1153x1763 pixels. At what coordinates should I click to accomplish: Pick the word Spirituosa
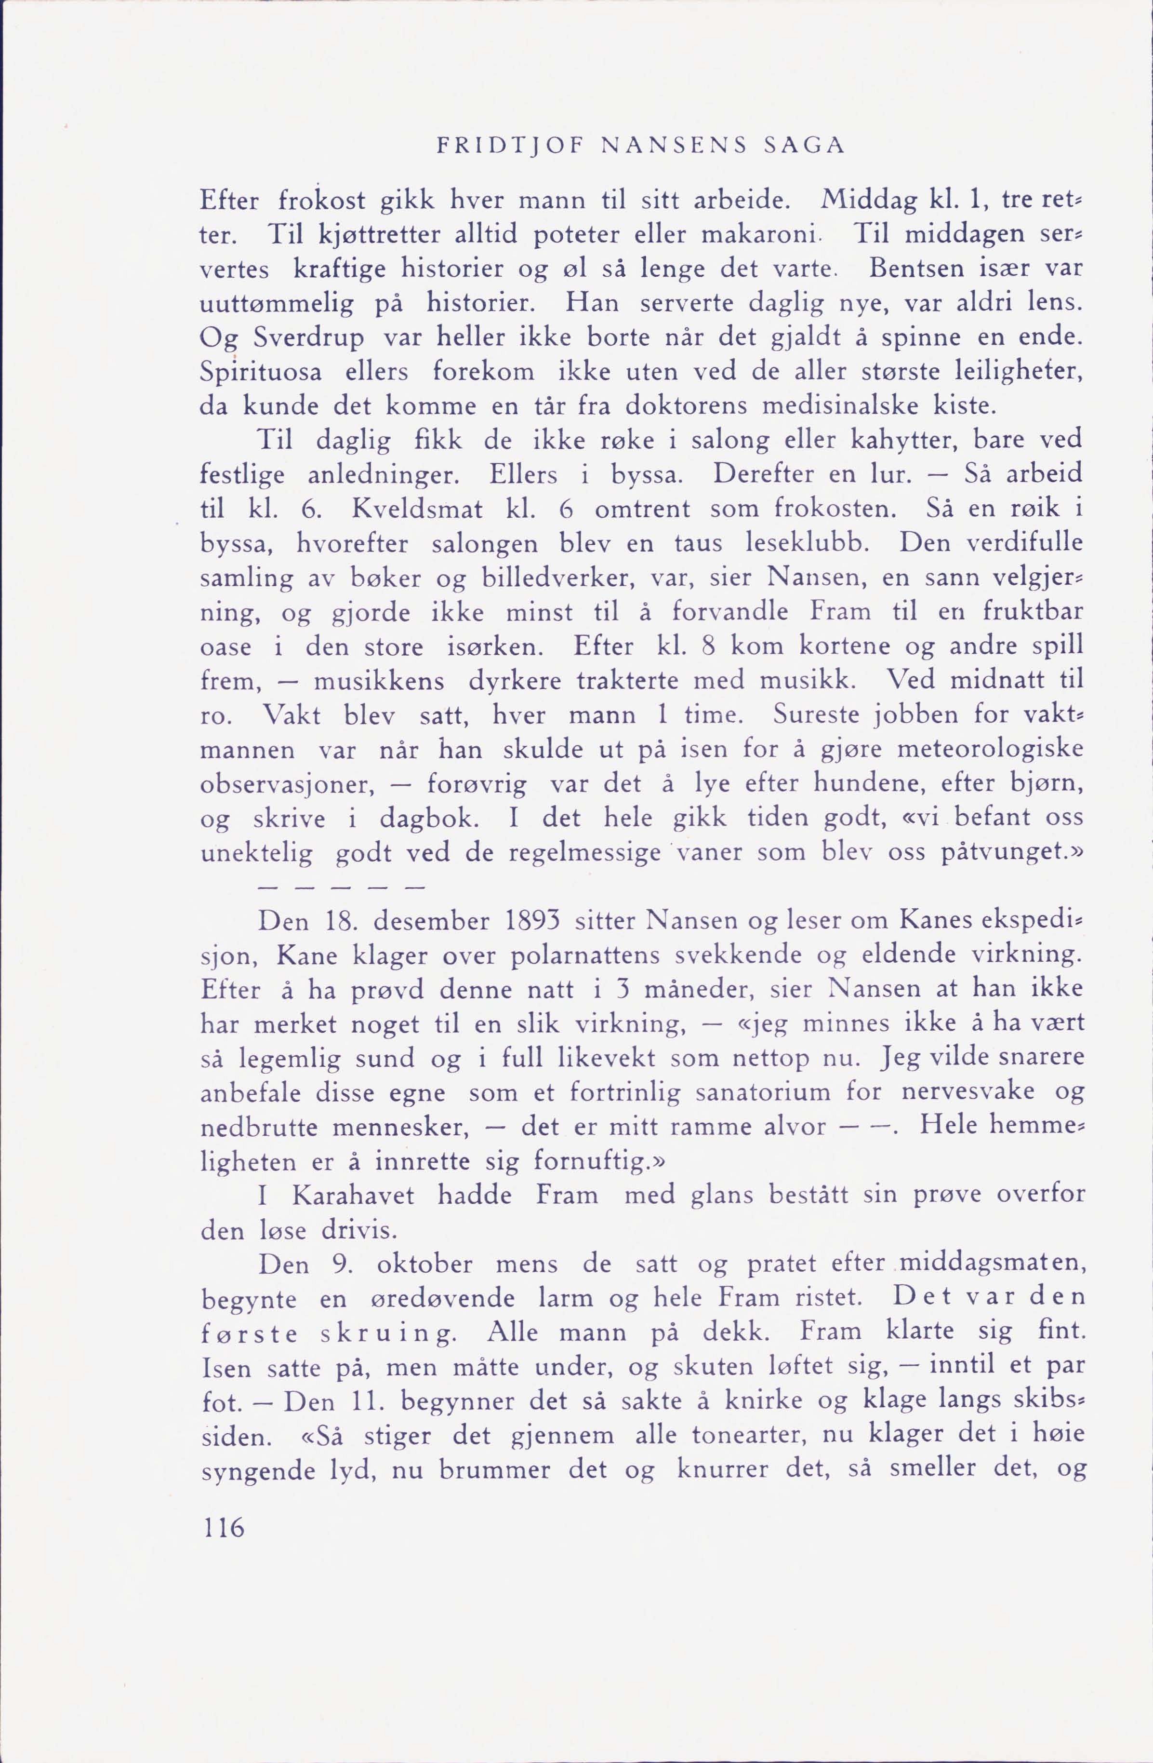262,372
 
